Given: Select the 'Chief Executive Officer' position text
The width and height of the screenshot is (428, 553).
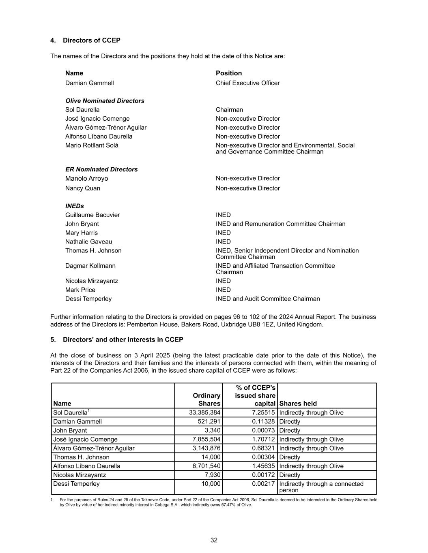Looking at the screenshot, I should coord(247,83).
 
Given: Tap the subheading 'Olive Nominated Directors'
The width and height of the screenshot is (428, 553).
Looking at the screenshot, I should coord(105,101).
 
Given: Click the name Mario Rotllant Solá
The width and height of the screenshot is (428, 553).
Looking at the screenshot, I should coord(92,145).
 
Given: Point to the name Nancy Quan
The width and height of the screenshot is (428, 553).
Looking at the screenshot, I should coord(83,188).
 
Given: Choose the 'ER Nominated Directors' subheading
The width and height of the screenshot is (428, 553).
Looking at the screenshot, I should coord(101,169).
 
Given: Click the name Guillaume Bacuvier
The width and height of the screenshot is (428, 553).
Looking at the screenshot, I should coord(92,215).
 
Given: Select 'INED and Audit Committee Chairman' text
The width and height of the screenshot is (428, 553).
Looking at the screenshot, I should coord(268,299).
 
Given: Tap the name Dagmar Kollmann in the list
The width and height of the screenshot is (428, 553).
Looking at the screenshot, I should coord(90,266).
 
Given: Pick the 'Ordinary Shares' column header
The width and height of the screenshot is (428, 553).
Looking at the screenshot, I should coord(206,399).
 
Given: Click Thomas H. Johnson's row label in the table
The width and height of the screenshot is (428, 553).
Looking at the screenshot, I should coord(81,457).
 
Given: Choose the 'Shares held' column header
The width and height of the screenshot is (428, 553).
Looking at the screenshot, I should coord(298,404).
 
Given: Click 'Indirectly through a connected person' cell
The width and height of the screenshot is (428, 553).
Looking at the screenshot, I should coord(321,487).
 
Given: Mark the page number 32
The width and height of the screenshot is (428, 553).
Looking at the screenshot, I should coord(214,540).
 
